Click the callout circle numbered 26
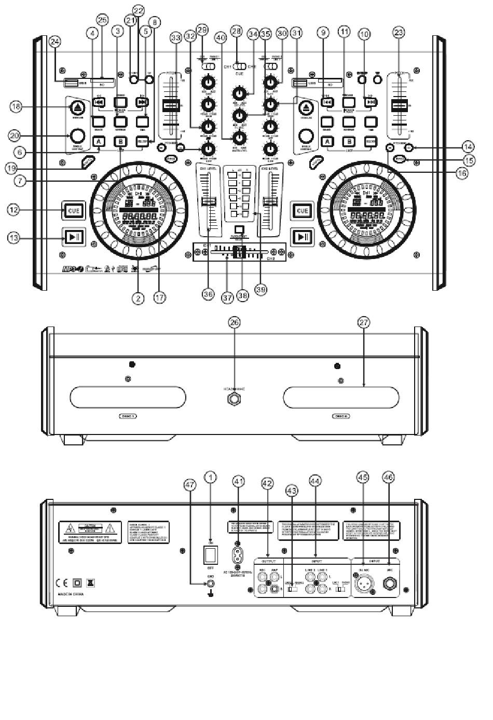point(235,322)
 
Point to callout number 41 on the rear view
point(239,482)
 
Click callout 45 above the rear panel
point(363,476)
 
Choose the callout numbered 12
point(14,210)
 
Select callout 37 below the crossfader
point(227,297)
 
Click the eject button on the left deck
point(77,108)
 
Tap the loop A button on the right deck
point(327,141)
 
